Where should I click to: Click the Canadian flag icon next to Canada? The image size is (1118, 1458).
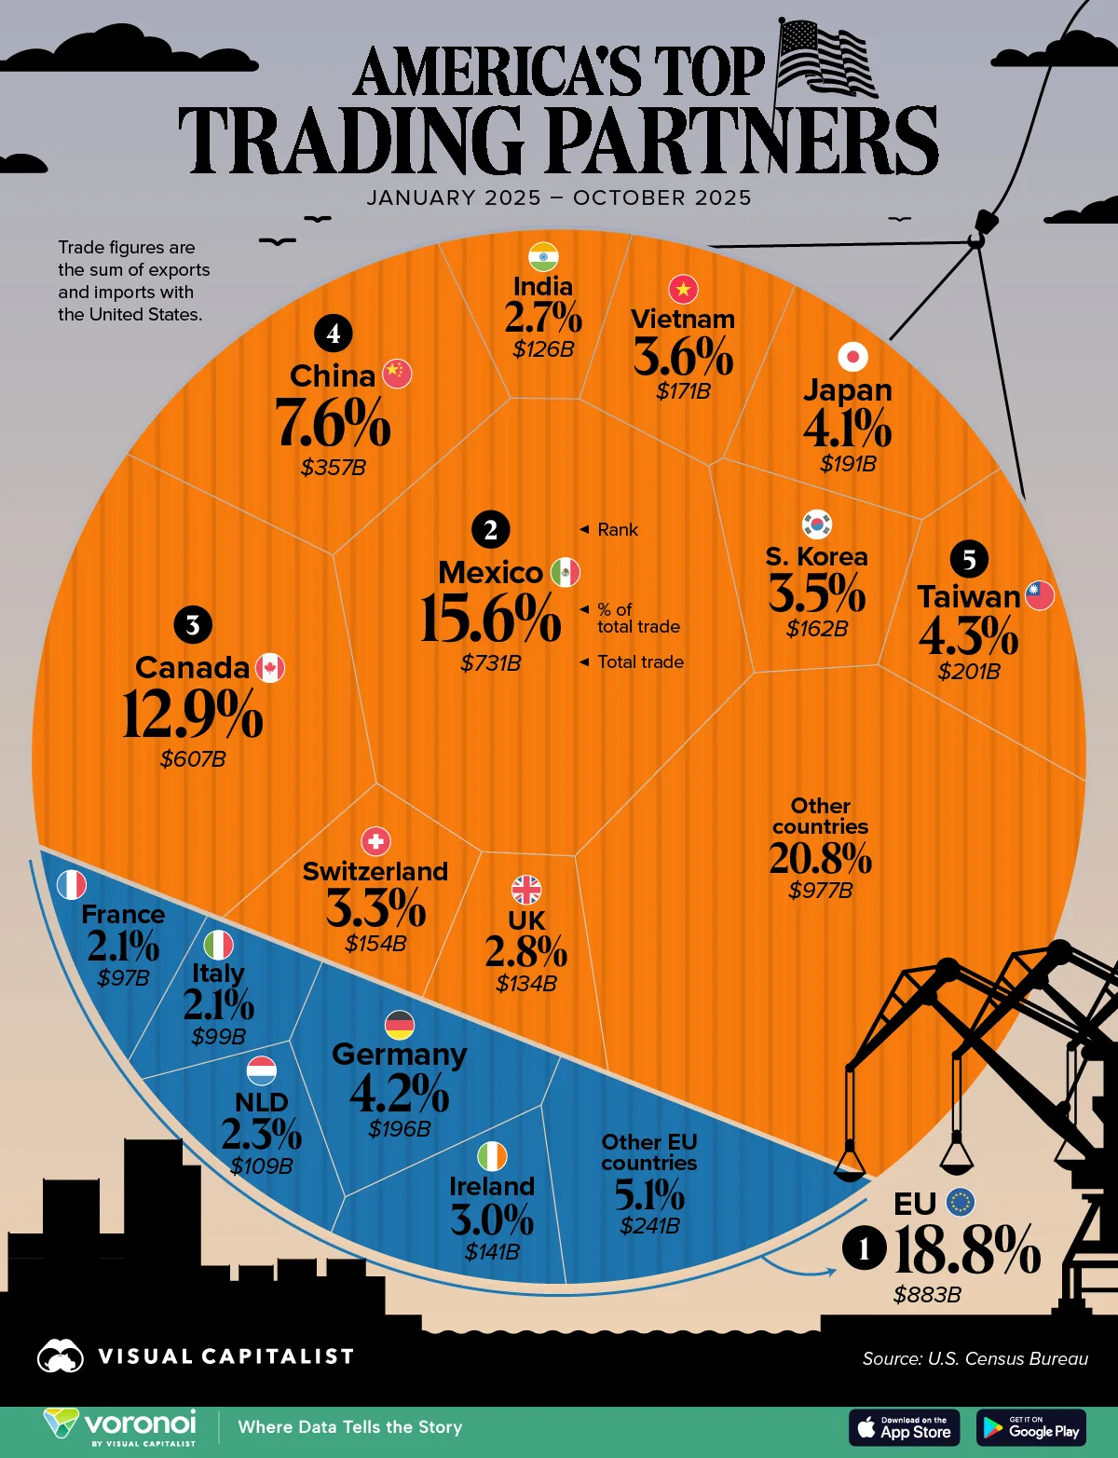(x=270, y=668)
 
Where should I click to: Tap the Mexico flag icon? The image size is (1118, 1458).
(x=565, y=572)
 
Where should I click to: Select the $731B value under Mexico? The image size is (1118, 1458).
(x=490, y=663)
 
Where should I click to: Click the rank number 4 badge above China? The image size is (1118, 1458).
(x=334, y=333)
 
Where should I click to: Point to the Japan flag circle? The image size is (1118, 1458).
(x=852, y=356)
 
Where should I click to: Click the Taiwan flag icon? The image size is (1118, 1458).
(x=1040, y=595)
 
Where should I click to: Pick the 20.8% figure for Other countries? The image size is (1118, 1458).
(x=820, y=858)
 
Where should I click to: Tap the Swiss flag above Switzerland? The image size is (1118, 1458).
(x=375, y=841)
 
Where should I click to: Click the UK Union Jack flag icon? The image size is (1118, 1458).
(x=526, y=890)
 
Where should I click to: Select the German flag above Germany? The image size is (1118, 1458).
(x=400, y=1025)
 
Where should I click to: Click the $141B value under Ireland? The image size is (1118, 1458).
(x=492, y=1252)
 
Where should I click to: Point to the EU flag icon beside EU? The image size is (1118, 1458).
(x=961, y=1202)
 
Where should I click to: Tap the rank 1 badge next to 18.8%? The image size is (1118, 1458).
(x=864, y=1248)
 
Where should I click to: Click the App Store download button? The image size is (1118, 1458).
(x=904, y=1427)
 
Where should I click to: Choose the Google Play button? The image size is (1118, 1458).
(x=1031, y=1427)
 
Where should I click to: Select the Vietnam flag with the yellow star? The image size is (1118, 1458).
(x=683, y=290)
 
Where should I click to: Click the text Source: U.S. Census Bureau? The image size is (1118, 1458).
(x=975, y=1358)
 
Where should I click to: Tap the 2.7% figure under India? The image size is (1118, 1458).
(x=543, y=318)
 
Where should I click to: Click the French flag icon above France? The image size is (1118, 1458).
(x=72, y=884)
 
